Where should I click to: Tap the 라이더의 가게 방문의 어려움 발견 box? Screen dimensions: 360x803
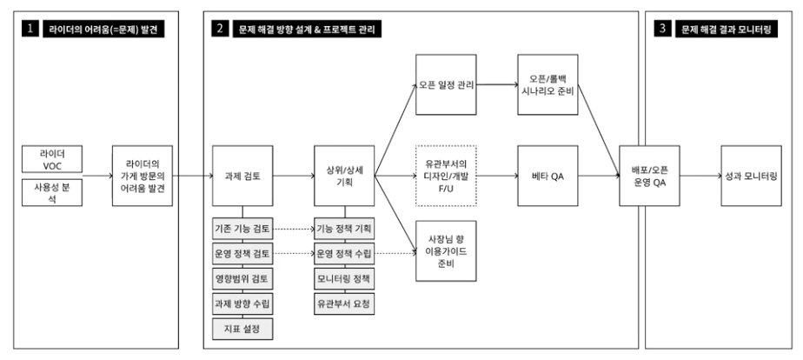click(x=143, y=175)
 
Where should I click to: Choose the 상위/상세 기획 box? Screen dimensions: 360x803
click(x=343, y=175)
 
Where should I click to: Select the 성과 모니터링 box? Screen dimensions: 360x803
click(x=749, y=175)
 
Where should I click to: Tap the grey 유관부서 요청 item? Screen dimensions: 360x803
click(x=343, y=304)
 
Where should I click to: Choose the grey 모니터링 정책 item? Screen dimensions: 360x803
click(x=343, y=279)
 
